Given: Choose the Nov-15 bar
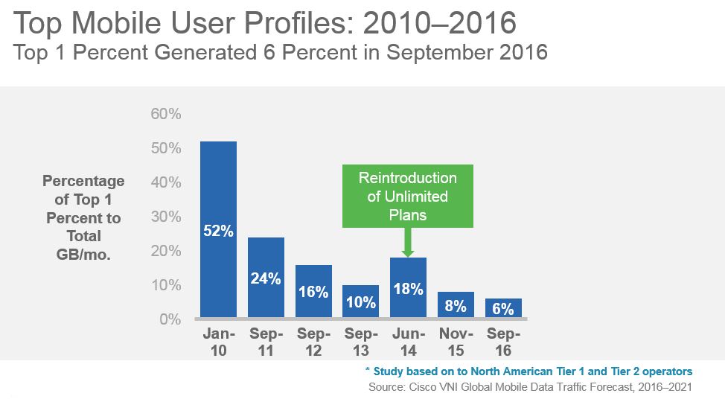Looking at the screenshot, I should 456,304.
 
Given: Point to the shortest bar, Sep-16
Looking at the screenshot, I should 503,307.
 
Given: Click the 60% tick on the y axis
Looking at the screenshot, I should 167,114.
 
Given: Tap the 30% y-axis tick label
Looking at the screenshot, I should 167,217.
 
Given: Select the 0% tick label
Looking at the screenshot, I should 170,319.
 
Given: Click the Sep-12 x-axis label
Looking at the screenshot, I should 313,342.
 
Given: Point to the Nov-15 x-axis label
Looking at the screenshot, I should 456,342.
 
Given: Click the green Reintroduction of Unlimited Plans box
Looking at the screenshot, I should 407,197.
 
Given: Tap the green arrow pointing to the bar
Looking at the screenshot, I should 407,243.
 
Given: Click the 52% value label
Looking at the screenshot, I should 218,232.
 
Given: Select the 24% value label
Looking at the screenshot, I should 266,279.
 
